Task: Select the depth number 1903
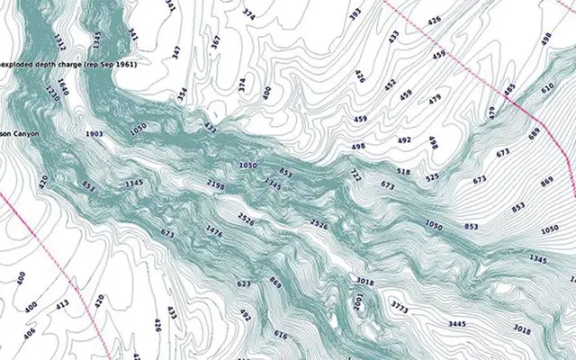click(x=94, y=133)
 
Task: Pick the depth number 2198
click(x=216, y=184)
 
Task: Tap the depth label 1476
click(x=214, y=231)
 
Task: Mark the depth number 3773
click(x=399, y=307)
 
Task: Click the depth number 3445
click(x=462, y=323)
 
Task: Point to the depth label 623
click(x=244, y=283)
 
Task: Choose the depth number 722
click(x=355, y=174)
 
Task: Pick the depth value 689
click(x=535, y=133)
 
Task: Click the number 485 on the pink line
click(x=510, y=90)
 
